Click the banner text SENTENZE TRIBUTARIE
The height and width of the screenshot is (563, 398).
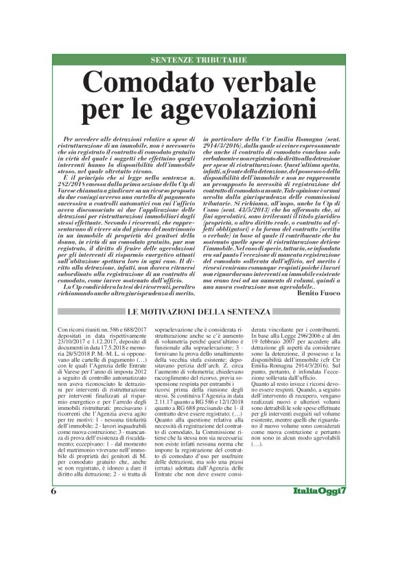pos(199,60)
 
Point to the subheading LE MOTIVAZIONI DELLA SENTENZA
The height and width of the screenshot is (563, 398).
pos(199,312)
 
